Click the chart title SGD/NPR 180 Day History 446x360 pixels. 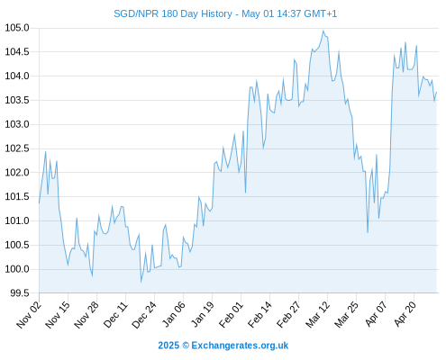[x=173, y=13]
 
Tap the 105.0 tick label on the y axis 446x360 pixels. [x=17, y=28]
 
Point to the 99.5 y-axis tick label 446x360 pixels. [x=20, y=293]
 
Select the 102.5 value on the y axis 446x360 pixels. [x=17, y=148]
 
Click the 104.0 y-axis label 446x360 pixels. [x=17, y=76]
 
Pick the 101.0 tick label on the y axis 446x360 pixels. [x=17, y=221]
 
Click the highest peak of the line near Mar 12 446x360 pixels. [x=323, y=31]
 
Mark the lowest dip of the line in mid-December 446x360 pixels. [x=141, y=282]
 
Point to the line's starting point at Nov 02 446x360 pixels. [x=39, y=203]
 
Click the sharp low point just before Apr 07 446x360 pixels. [x=368, y=232]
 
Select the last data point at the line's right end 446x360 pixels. [x=436, y=92]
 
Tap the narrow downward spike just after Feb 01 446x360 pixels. [x=245, y=193]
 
